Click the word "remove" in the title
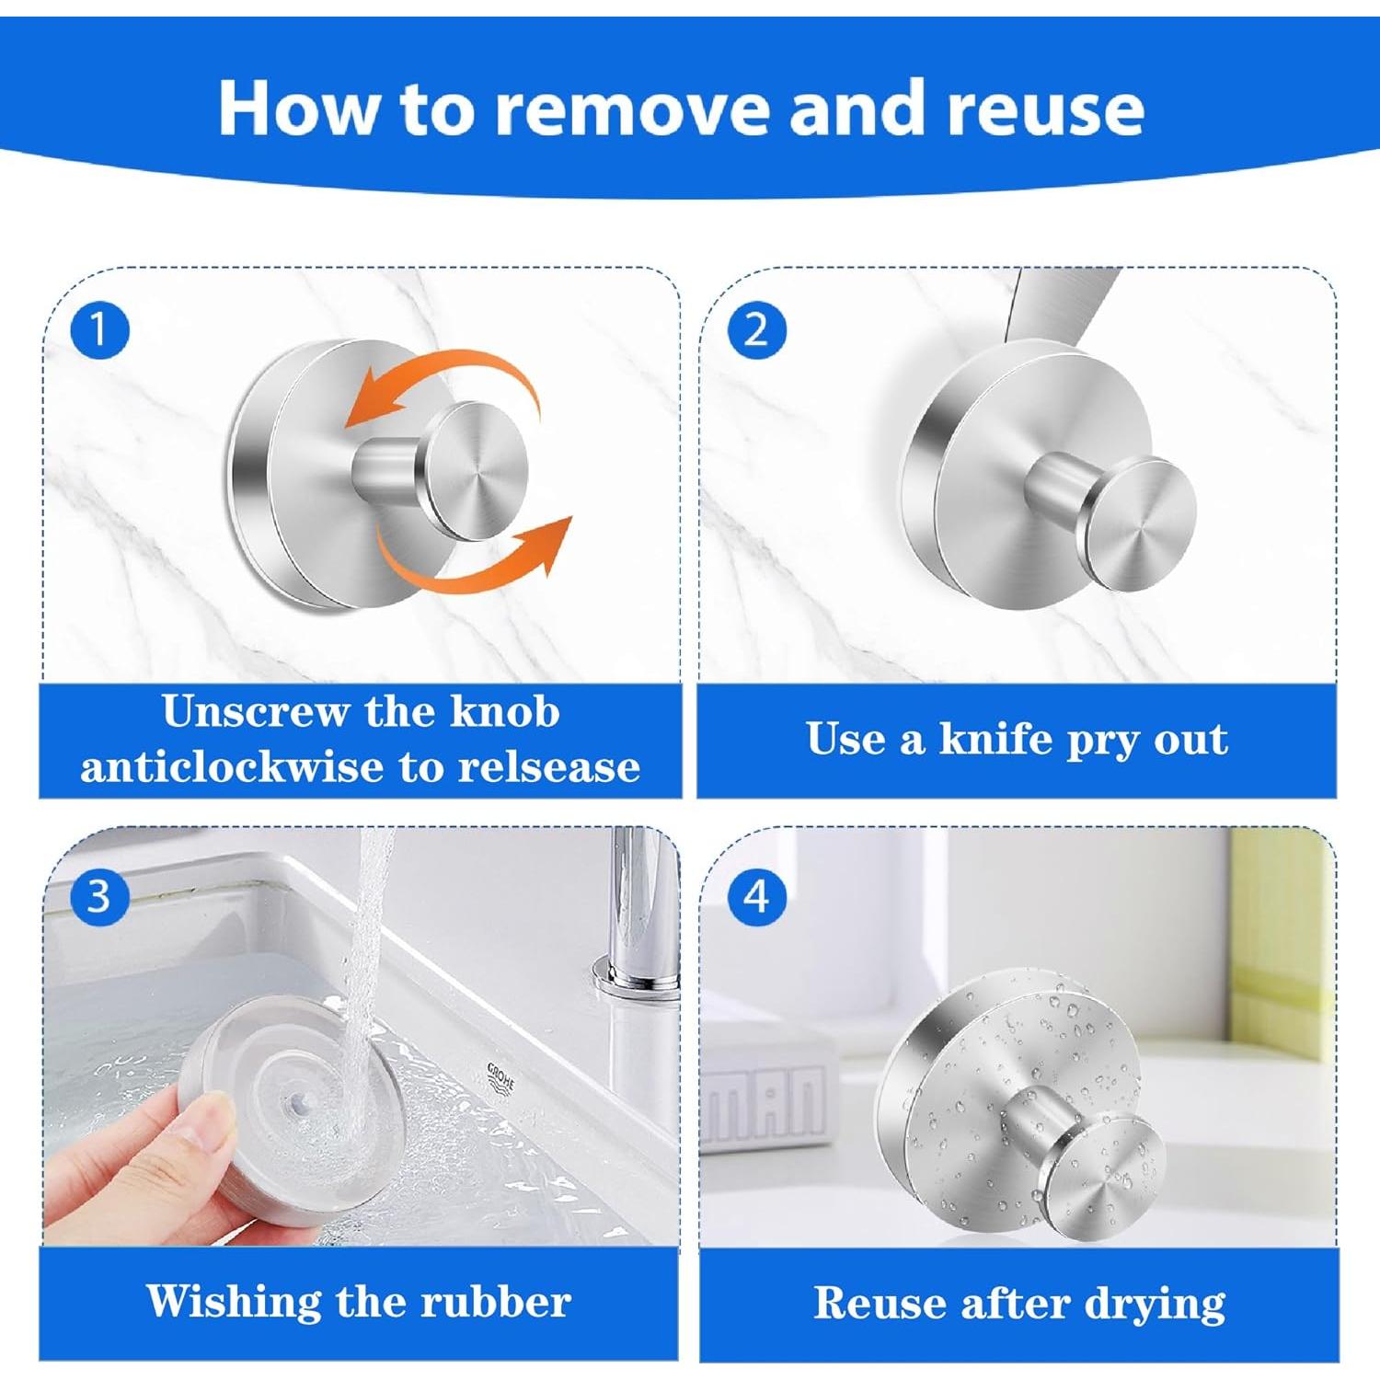(x=634, y=109)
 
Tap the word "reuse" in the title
(x=1046, y=109)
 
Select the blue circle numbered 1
(x=98, y=329)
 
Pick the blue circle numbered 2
(x=756, y=329)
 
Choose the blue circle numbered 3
(x=98, y=896)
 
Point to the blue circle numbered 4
(x=756, y=896)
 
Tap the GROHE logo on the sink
(x=501, y=1077)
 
